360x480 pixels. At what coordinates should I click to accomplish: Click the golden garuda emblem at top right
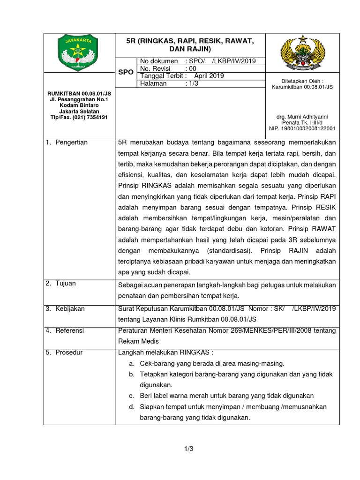302,52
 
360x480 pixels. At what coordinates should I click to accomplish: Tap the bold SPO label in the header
125,73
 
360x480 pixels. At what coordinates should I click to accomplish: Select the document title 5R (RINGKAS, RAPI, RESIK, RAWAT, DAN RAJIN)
190,45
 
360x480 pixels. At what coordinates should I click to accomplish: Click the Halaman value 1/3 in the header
193,83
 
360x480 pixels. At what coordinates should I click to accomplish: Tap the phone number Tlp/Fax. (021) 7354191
79,117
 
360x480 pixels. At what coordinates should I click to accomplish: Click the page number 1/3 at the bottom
189,449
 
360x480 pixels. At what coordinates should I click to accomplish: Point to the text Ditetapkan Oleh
302,81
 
